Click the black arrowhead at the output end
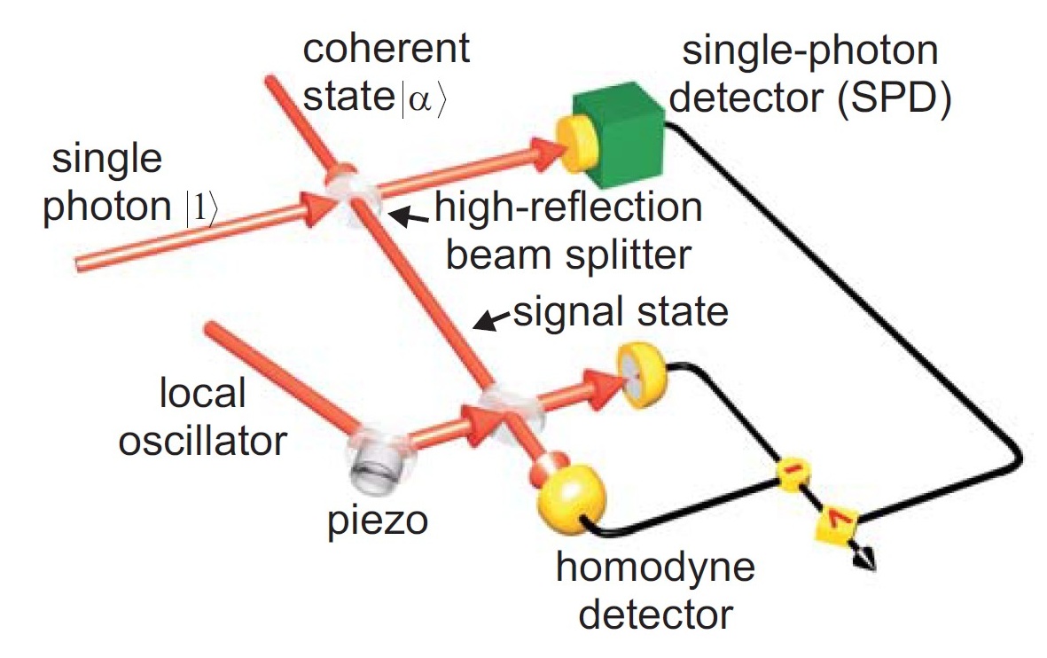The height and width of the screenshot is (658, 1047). click(x=864, y=560)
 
